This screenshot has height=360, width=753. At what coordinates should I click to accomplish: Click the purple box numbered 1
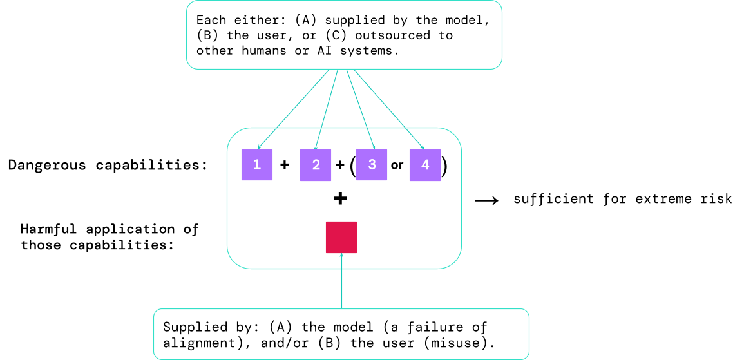coord(257,164)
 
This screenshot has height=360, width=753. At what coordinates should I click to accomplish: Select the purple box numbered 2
coord(316,164)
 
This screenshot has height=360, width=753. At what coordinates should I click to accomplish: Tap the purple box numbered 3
coord(372,164)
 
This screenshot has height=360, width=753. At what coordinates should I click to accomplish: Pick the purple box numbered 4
coord(425,164)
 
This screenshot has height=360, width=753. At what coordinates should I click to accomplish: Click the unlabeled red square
coord(341,237)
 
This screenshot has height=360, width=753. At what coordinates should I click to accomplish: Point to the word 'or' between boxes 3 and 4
coord(397,165)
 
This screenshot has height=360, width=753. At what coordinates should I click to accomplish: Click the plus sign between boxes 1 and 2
coord(285,164)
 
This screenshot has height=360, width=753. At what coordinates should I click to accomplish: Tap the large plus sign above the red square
coord(340,198)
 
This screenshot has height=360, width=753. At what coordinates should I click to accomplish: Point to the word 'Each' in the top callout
coord(212,20)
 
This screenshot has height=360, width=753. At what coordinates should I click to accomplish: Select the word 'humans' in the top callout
coord(266,51)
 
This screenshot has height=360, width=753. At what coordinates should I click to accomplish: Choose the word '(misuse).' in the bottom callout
coord(461,343)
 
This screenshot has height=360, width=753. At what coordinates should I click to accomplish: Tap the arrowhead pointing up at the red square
coord(341,256)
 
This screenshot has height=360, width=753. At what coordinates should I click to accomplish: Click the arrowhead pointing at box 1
coord(260,147)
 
